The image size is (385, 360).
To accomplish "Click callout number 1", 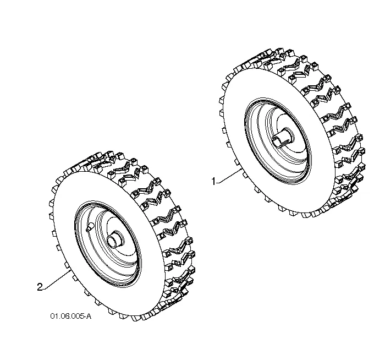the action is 213,182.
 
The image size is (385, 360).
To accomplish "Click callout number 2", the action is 40,287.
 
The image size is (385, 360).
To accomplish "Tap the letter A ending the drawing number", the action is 89,316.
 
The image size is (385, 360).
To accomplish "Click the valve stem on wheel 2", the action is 90,227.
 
